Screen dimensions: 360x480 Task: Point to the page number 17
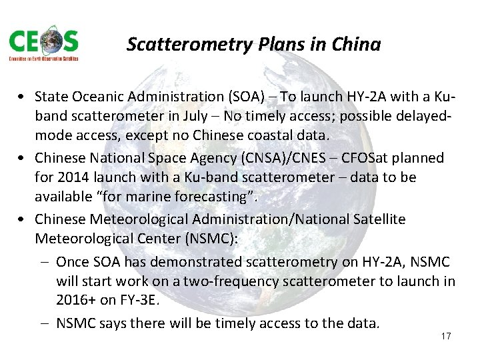[x=446, y=336]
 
